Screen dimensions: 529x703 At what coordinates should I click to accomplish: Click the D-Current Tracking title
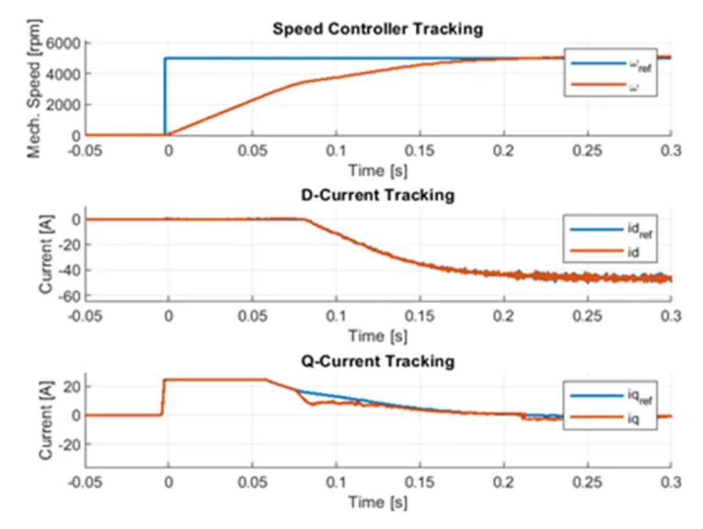click(379, 195)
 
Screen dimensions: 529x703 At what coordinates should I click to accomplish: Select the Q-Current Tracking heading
click(378, 361)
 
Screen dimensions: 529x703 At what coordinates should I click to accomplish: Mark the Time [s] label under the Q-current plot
click(378, 502)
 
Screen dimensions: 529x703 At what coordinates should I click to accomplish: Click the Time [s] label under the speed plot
click(378, 171)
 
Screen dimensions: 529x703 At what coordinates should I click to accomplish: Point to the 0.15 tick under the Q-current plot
click(420, 482)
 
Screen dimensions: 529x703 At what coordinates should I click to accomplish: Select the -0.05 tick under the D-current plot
click(86, 317)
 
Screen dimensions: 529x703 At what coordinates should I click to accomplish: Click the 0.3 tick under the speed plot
click(671, 152)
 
